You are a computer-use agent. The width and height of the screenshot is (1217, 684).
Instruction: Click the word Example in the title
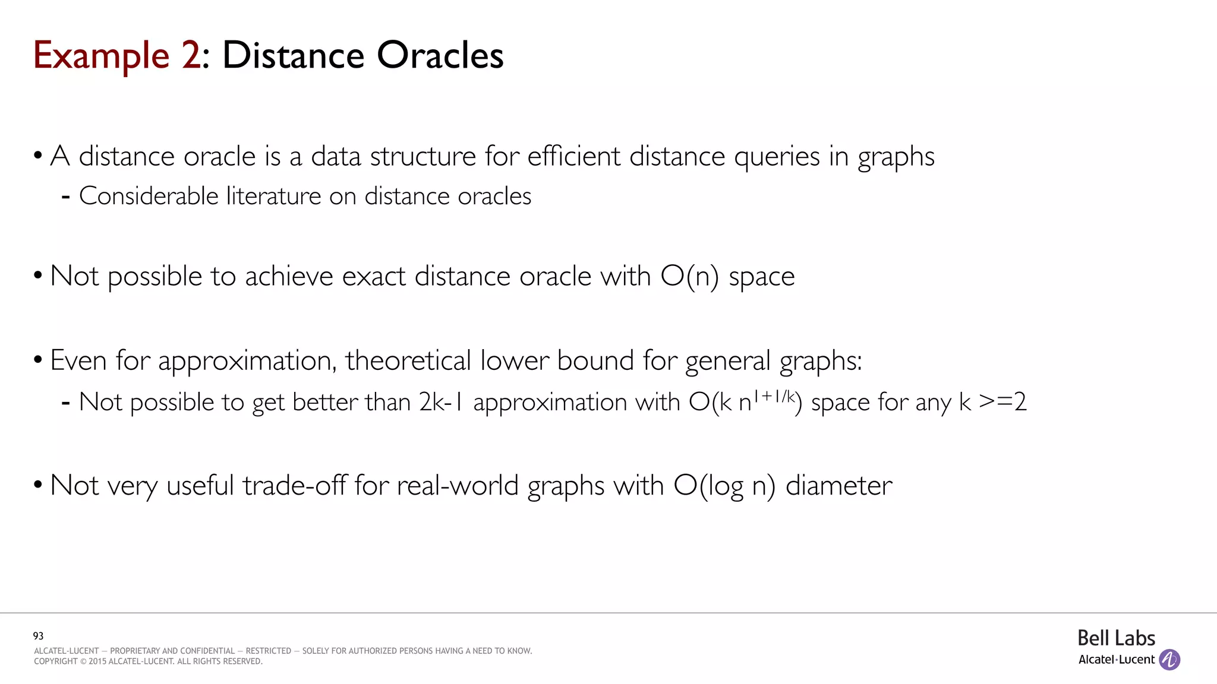[x=101, y=56]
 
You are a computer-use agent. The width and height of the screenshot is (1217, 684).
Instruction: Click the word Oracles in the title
[x=440, y=56]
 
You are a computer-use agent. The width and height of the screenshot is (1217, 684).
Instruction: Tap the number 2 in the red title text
[x=191, y=56]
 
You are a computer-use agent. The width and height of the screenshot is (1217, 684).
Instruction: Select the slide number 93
[x=38, y=636]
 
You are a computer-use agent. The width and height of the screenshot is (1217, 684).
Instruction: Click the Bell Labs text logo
[x=1116, y=638]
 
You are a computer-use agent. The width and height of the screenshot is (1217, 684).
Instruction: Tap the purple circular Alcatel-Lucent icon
[x=1169, y=660]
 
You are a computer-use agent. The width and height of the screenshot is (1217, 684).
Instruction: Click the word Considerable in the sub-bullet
[x=149, y=196]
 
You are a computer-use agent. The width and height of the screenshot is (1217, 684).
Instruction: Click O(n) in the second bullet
[x=689, y=277]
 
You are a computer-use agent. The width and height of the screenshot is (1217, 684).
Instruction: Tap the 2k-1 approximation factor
[x=440, y=403]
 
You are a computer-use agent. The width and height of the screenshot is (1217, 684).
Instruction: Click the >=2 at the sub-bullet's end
[x=1002, y=403]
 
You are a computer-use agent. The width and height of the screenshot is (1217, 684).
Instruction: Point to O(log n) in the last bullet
[x=724, y=486]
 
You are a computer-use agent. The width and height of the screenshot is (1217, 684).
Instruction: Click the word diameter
[x=838, y=486]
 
